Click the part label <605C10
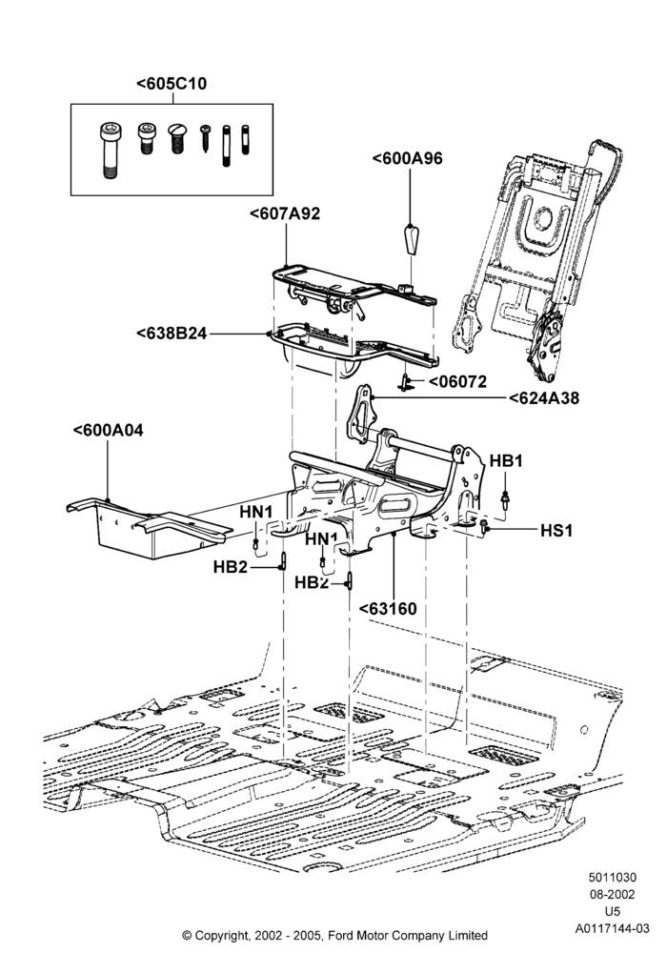(172, 83)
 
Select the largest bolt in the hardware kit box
(110, 151)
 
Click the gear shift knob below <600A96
(411, 241)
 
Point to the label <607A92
(284, 213)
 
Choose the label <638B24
(172, 334)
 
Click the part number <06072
(458, 382)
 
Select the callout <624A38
(544, 398)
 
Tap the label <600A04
(108, 431)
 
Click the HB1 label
(506, 461)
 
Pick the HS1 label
(556, 531)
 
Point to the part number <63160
(388, 609)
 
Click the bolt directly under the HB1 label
(505, 499)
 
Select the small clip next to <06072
(406, 382)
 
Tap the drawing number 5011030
(613, 877)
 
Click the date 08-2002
(613, 894)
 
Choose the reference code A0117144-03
(613, 928)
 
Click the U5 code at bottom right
(613, 911)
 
